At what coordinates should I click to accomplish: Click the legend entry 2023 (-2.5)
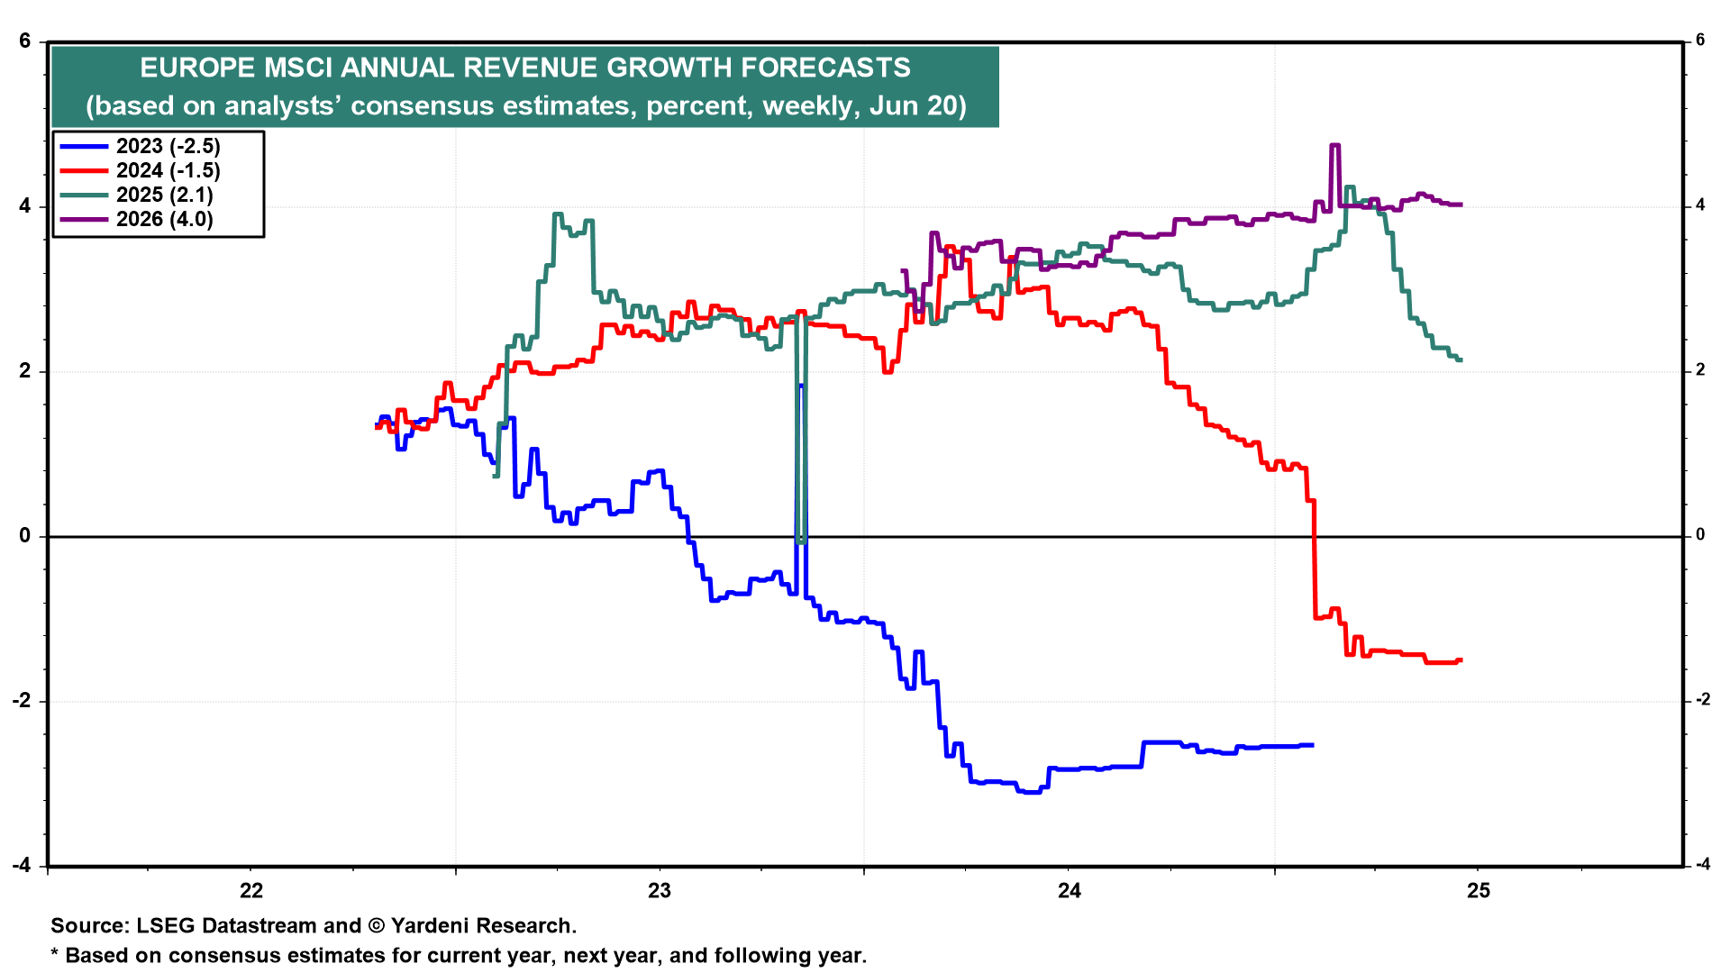click(x=168, y=147)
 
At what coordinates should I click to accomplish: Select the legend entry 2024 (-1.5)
click(x=168, y=171)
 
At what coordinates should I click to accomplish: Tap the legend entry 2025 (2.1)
click(x=164, y=196)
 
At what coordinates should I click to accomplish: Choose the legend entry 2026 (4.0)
click(x=164, y=220)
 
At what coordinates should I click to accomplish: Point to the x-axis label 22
click(x=251, y=891)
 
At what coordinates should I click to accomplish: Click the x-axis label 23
click(x=660, y=891)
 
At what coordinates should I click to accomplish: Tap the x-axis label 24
click(x=1069, y=891)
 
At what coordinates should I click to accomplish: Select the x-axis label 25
click(x=1479, y=891)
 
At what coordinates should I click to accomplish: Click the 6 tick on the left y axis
click(x=25, y=41)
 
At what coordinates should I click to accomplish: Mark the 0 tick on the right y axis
click(x=1700, y=535)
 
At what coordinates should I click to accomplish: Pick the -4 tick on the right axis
click(x=1702, y=865)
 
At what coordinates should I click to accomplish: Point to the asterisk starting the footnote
click(x=54, y=953)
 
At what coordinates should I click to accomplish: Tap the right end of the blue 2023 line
click(x=1312, y=745)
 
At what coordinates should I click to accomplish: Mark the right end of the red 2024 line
click(x=1460, y=660)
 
